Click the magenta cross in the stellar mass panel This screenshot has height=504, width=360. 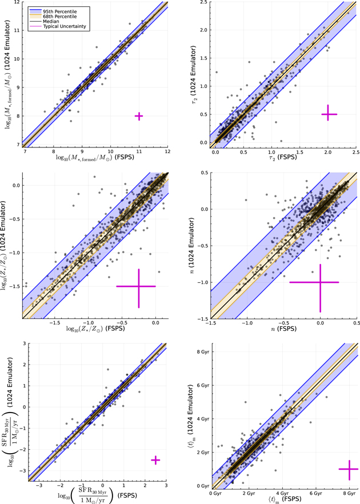coord(139,116)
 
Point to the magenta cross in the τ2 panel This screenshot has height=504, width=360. coord(329,114)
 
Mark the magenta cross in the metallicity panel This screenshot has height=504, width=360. coord(136,286)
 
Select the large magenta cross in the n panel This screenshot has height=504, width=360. coord(320,282)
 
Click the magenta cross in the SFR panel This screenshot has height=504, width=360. coord(155,460)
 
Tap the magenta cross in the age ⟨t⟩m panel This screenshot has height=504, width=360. coord(348,469)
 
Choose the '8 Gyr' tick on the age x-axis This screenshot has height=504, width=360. coord(348,493)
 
